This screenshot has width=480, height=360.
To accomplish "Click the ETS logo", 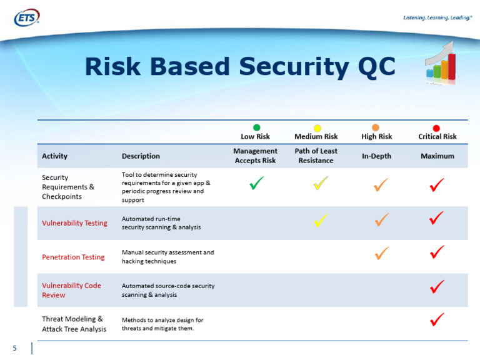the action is pos(27,17).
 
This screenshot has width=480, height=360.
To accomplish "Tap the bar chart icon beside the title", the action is pos(441,63).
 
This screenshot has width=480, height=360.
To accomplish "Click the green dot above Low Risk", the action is pos(256,127).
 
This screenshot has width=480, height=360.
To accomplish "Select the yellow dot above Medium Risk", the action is pos(317,128).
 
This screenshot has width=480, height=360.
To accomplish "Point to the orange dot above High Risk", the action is pos(375,127).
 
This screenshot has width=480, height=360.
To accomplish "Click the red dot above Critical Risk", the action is pos(436,128).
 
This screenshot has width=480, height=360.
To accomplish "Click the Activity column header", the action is pos(54,156).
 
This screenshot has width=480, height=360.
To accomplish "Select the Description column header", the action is pos(141,156).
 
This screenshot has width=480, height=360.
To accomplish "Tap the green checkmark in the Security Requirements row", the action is pos(256,183).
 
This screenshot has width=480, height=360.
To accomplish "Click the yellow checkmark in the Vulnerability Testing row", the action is pos(321,220).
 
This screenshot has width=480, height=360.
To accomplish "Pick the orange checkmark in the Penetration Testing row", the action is pos(382,253).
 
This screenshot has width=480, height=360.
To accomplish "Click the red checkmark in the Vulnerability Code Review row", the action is pos(437,286).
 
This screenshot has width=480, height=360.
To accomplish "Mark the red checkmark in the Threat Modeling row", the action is pos(437,319).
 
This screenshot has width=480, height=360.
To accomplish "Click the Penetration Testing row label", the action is pos(73,257).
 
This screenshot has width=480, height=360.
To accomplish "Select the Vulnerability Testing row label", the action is pos(75,223).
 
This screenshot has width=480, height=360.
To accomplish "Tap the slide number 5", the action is pos(15,348).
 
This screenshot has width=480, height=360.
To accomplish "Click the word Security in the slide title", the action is pos(294,67).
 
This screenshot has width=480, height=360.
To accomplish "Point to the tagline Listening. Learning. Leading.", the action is pos(437,17).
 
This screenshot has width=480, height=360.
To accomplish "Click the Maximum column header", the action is pos(437,156).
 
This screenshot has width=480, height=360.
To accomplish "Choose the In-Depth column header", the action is pos(376,156).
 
